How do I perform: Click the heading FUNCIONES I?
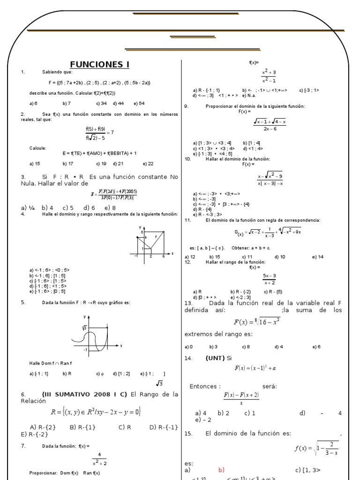click(x=99, y=65)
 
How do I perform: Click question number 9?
click(x=186, y=106)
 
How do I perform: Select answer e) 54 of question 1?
click(x=139, y=103)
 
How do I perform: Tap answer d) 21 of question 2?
click(x=118, y=164)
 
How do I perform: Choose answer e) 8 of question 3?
click(x=110, y=208)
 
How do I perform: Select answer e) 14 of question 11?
click(x=318, y=257)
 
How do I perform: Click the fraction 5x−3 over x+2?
click(x=269, y=279)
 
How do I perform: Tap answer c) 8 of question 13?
click(x=246, y=347)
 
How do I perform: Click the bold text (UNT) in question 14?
click(x=215, y=358)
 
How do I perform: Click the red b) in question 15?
click(x=221, y=470)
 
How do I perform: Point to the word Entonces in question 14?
click(x=205, y=386)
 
